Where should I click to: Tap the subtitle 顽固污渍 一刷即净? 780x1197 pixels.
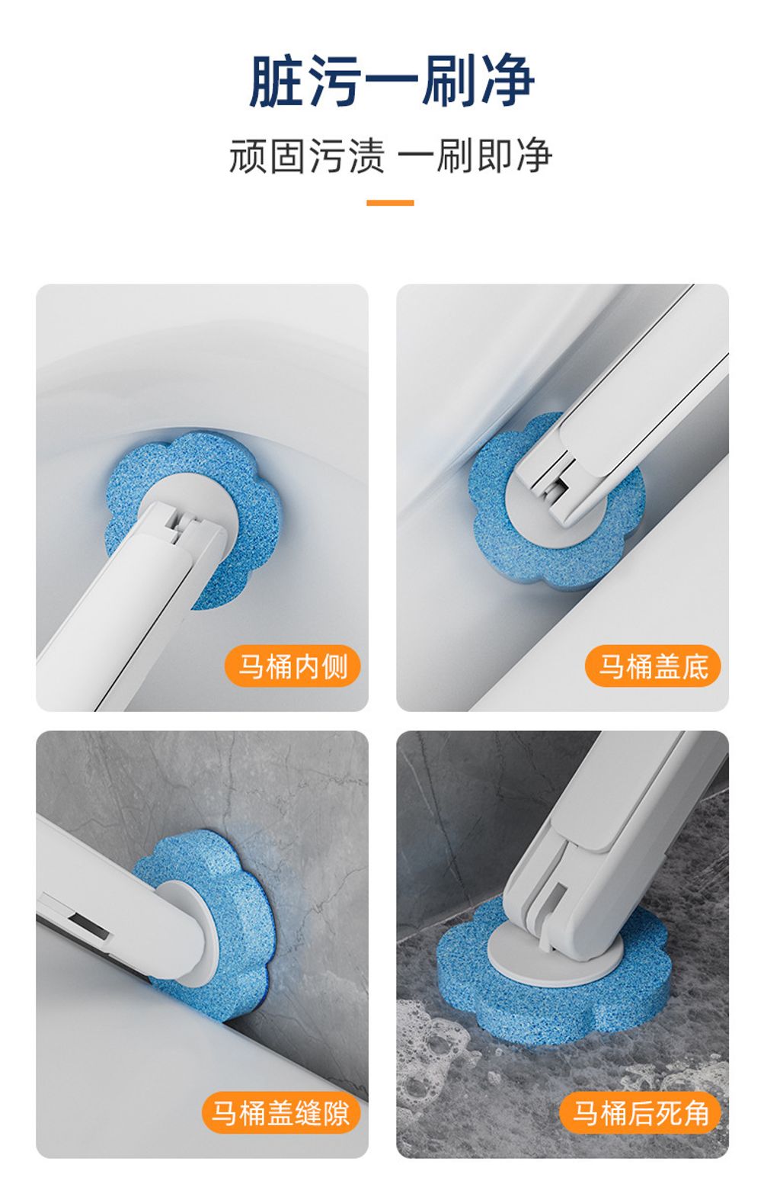(390, 156)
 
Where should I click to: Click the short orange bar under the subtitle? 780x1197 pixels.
(390, 203)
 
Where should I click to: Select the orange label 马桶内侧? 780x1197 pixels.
(292, 666)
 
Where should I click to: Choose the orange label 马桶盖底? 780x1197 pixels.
(653, 666)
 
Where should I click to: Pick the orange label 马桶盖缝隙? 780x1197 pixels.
(280, 1112)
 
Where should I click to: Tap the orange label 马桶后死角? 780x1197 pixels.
(641, 1112)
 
